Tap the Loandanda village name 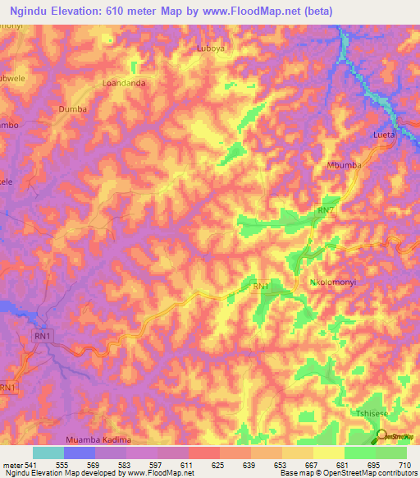click(x=123, y=83)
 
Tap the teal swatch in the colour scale click(x=48, y=453)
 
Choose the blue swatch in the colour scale click(x=80, y=453)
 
